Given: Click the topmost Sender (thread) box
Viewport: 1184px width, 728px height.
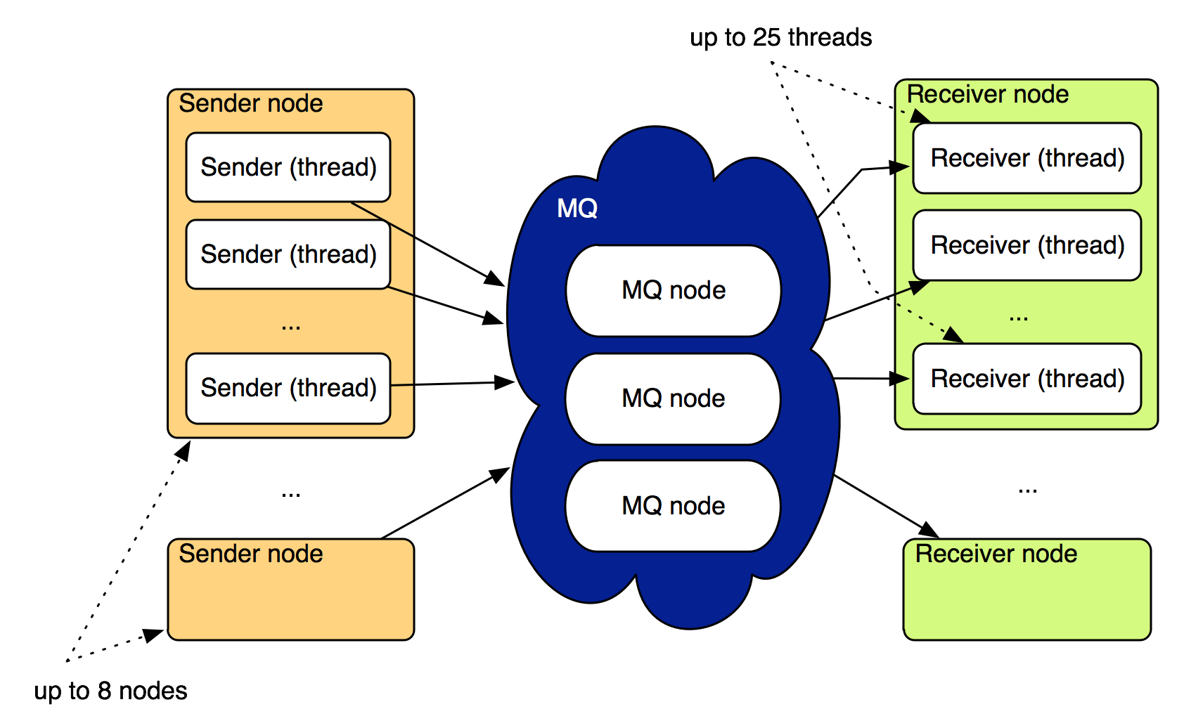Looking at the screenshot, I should click(288, 167).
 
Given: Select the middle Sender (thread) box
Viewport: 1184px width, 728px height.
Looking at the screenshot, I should click(288, 254).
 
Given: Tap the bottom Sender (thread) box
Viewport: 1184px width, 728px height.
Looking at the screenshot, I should click(288, 388).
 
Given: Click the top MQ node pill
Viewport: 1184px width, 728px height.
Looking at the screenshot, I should click(674, 290).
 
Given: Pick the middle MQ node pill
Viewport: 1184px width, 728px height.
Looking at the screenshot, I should click(674, 398).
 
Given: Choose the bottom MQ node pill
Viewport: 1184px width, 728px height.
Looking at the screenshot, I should click(674, 506).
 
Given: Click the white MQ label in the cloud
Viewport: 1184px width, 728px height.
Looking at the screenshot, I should click(577, 208).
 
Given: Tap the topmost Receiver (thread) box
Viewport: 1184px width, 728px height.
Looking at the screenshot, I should click(1027, 158).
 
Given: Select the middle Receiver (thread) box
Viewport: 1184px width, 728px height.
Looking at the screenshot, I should click(1027, 245).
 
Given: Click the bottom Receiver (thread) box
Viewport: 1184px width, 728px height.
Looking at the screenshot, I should click(1027, 379).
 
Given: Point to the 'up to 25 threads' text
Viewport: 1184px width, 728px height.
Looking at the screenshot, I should click(780, 37).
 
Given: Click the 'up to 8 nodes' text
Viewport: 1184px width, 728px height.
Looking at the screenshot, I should click(110, 691).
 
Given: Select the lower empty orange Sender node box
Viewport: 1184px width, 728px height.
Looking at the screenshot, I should click(290, 601).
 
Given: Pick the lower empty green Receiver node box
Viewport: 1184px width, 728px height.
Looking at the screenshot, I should click(1027, 601).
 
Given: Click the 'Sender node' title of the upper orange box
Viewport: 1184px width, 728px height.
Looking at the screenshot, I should click(251, 103).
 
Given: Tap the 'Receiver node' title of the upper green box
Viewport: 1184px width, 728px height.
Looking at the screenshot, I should click(988, 94).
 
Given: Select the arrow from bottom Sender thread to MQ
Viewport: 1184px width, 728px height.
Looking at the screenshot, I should click(453, 384).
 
